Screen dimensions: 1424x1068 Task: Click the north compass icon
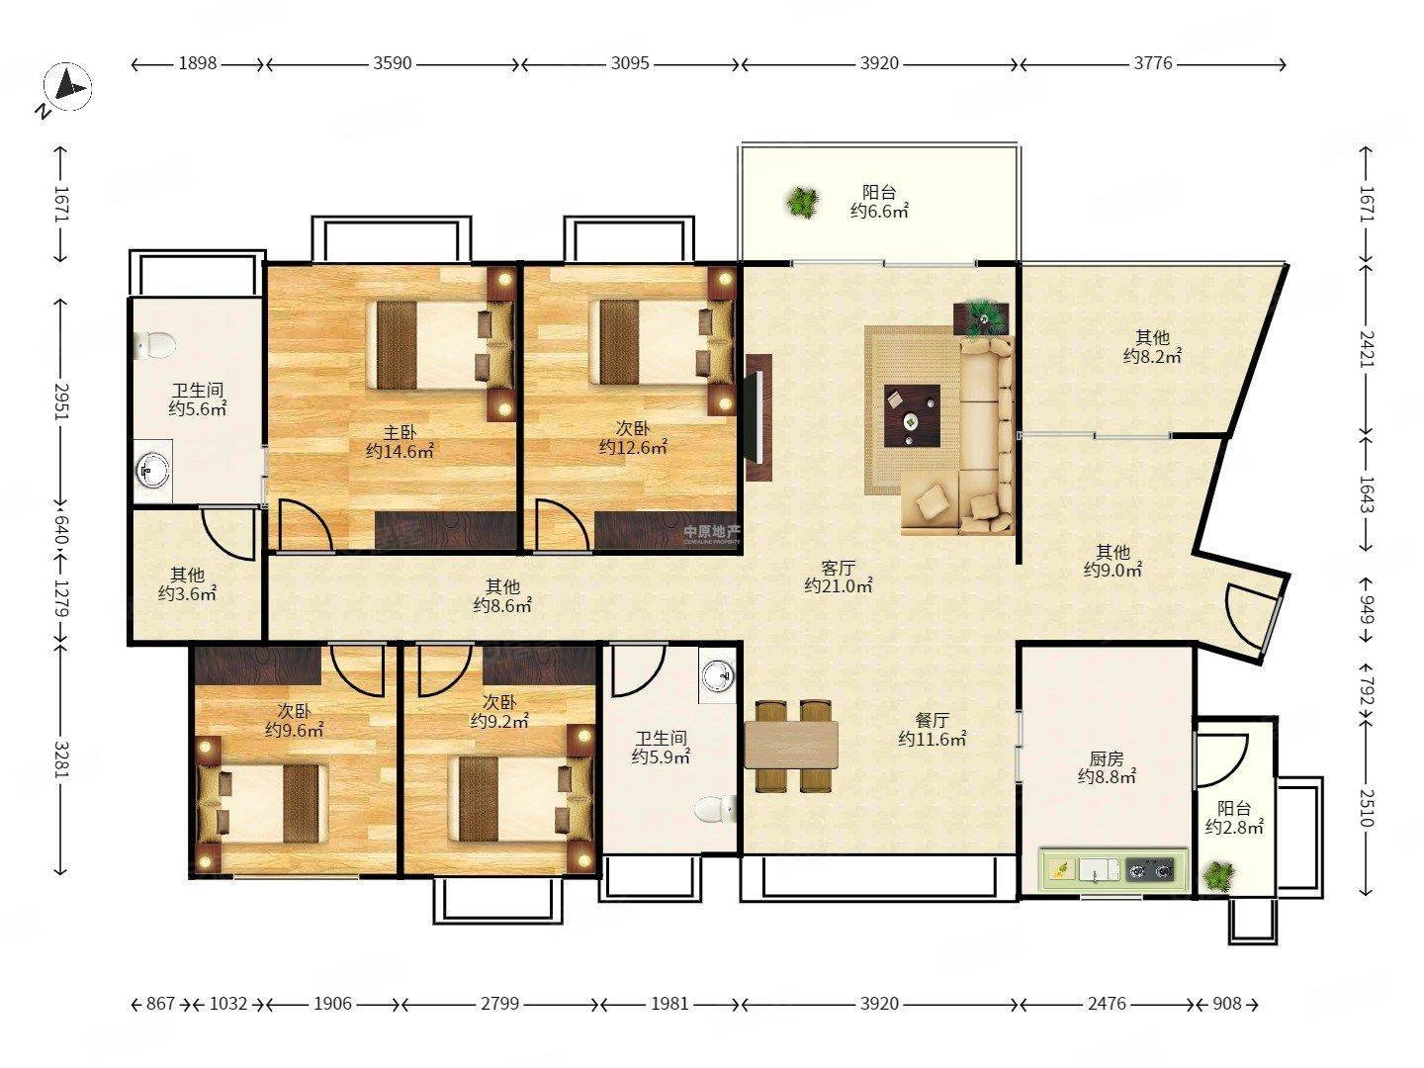click(67, 87)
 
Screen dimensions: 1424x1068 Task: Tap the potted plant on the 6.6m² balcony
click(803, 203)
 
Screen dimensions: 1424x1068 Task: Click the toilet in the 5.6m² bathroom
click(155, 345)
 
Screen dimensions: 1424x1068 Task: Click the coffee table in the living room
click(912, 415)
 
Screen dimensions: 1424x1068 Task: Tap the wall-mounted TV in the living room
click(757, 417)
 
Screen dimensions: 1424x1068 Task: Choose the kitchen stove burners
click(1149, 869)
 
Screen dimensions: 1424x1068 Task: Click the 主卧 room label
click(399, 432)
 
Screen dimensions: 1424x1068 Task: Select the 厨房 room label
click(1106, 758)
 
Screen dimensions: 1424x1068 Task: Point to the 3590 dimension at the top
click(392, 63)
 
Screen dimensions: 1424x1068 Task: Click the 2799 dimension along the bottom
click(499, 1004)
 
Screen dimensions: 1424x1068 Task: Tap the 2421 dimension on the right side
click(1367, 349)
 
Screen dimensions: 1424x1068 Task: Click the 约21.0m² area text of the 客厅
click(839, 586)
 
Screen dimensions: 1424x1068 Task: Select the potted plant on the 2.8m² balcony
click(1219, 876)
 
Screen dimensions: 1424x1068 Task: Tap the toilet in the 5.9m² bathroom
click(714, 810)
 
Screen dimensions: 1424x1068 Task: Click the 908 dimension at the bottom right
click(1227, 1004)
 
